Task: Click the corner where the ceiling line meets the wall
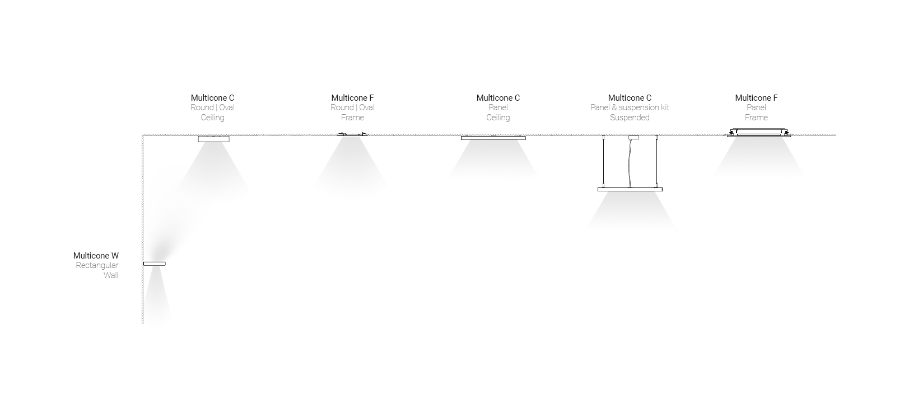pos(143,135)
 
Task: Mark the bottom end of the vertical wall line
pos(143,324)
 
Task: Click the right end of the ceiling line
pos(836,135)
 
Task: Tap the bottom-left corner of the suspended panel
pos(598,191)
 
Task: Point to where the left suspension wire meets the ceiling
pos(603,135)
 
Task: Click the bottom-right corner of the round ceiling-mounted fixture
pos(229,142)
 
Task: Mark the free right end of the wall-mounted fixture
pos(166,264)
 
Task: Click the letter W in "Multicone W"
pos(115,256)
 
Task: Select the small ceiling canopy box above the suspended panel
pos(633,137)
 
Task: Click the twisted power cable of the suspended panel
pos(630,163)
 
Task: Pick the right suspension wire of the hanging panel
pos(656,162)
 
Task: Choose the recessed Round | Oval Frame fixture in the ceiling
pos(352,134)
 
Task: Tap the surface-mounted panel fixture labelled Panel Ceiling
pos(493,138)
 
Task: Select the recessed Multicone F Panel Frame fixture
pos(759,132)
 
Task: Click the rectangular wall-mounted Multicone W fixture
pos(155,264)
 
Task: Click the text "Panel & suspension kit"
pos(630,107)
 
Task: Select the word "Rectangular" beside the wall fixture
pos(97,265)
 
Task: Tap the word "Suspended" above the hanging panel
pos(630,118)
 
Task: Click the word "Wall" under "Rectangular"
pos(111,275)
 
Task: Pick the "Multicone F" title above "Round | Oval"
pos(352,98)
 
